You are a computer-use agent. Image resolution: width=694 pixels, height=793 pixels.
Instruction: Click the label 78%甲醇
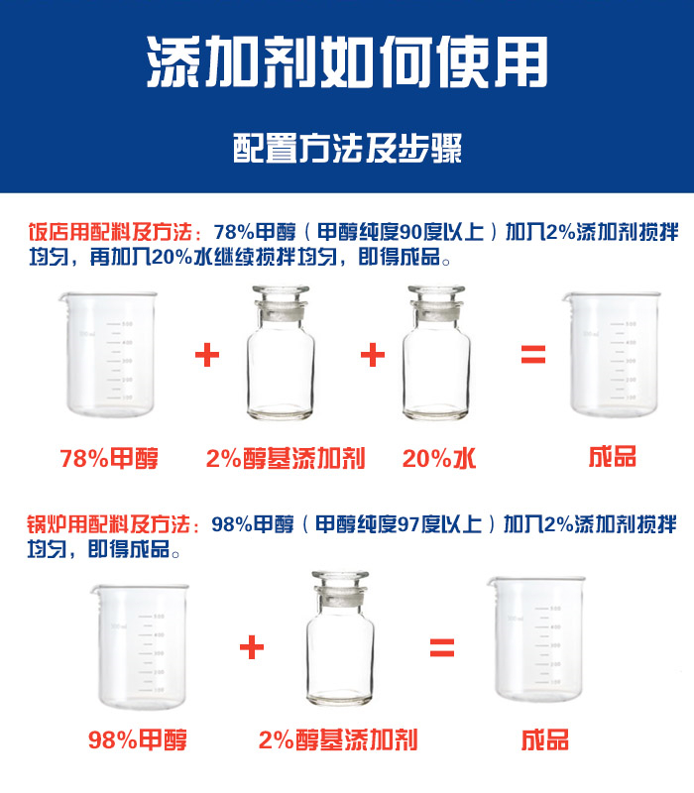coord(109,458)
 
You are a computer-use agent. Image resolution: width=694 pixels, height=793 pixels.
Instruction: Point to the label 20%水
coord(439,458)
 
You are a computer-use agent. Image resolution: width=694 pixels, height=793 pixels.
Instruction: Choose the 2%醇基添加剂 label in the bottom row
coord(337,739)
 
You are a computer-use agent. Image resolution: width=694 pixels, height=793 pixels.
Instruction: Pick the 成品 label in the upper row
coord(612,457)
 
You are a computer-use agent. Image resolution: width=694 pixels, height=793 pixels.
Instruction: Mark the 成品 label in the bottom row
coord(544,739)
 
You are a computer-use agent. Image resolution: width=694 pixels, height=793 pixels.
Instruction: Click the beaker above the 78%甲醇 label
coord(110,353)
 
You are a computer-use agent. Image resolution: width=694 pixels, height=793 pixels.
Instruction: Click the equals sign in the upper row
coord(533,355)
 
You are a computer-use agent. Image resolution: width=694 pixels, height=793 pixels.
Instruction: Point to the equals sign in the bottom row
coord(441,648)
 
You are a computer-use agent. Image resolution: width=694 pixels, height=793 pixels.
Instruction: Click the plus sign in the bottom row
coord(252,648)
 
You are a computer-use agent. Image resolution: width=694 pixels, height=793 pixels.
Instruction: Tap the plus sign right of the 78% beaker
coord(206,355)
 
